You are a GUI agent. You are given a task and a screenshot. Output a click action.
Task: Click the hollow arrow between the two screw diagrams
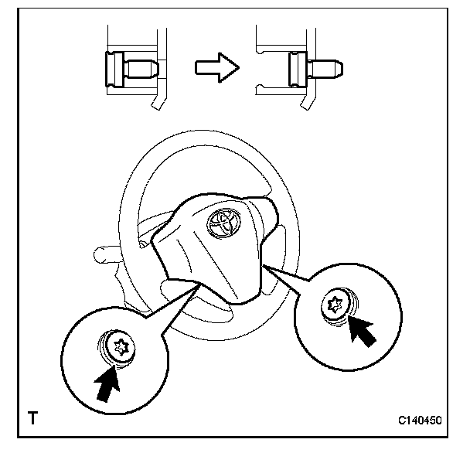coord(215,67)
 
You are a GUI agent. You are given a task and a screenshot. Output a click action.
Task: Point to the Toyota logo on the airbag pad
coord(223,223)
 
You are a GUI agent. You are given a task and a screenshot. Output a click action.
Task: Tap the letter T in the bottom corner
coord(32,420)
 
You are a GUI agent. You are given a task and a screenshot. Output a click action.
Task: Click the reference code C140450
coord(420,421)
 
